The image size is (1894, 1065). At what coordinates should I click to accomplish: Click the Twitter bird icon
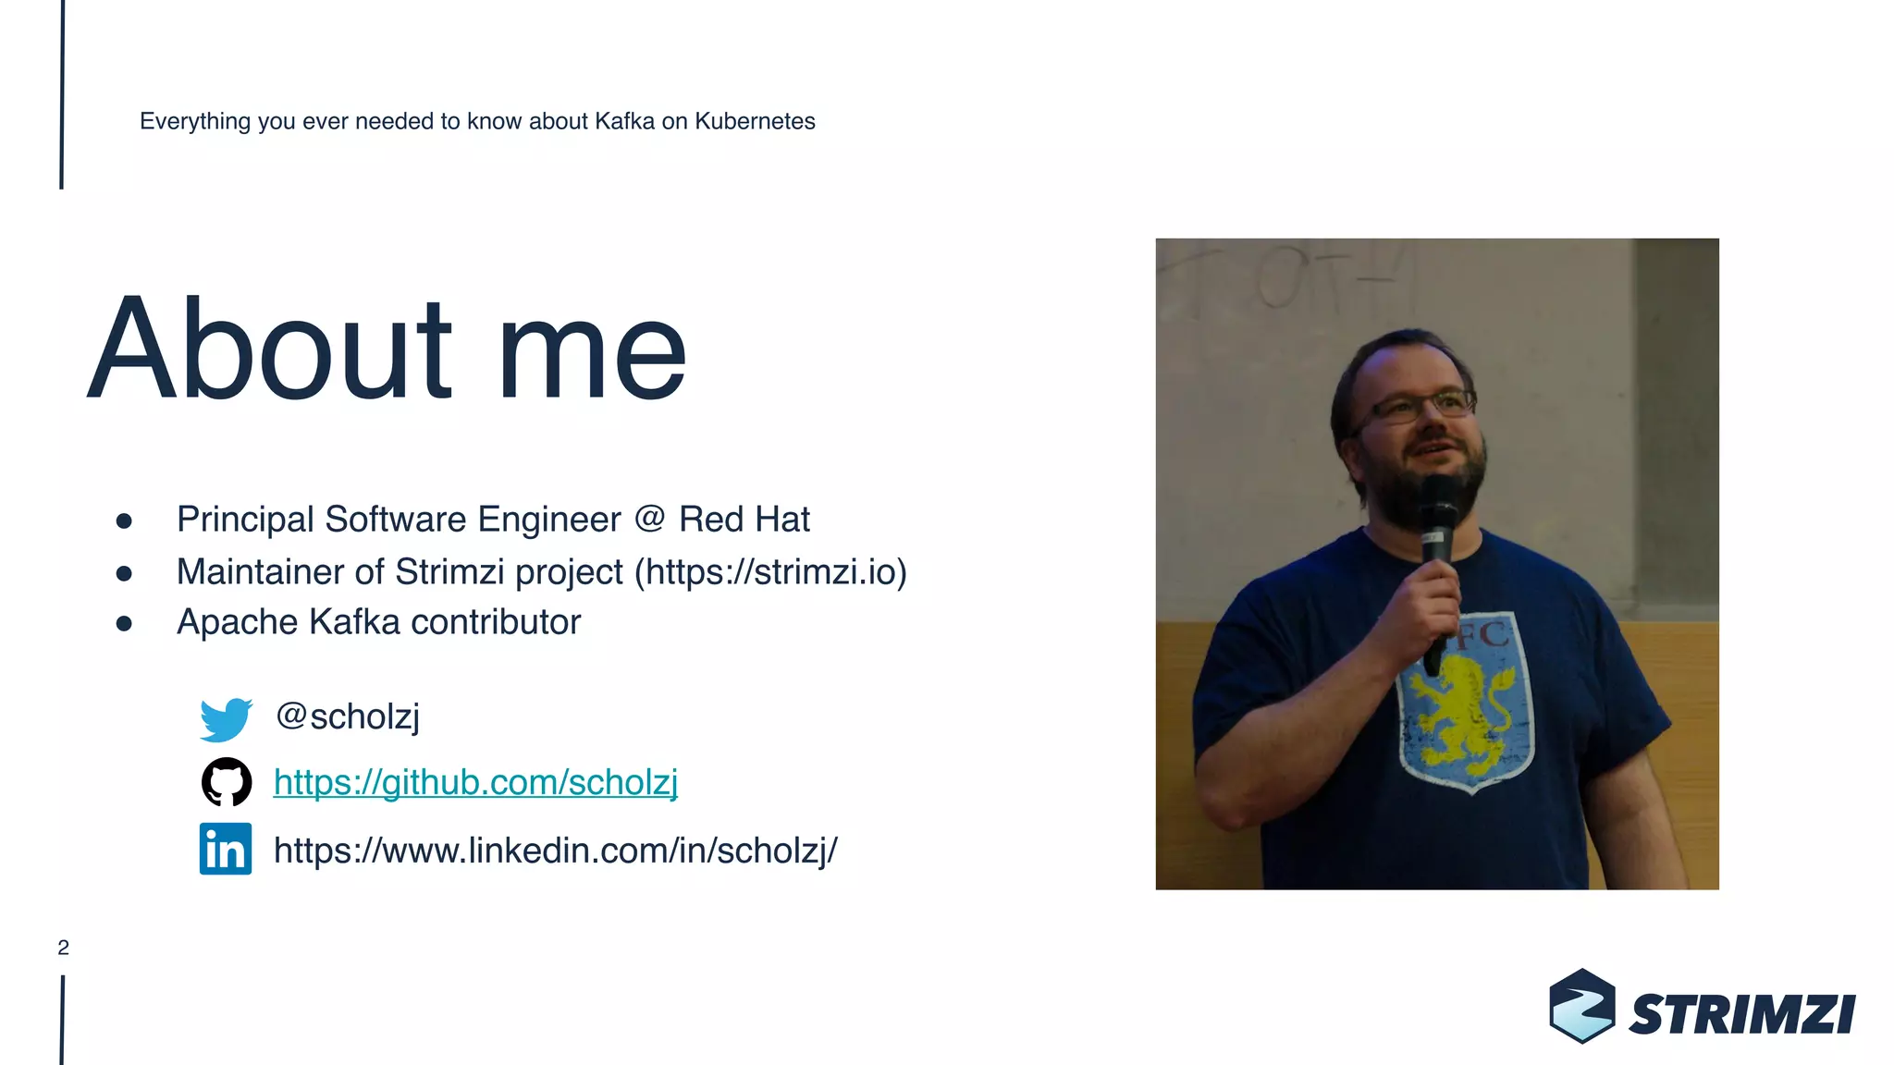click(x=226, y=719)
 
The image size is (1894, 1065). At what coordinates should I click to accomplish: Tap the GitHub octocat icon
click(x=227, y=782)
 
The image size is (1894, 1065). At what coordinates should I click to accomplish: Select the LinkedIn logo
click(x=226, y=849)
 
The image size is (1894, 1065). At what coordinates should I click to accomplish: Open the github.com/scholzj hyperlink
click(x=475, y=783)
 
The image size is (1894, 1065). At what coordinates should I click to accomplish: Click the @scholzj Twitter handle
click(x=348, y=716)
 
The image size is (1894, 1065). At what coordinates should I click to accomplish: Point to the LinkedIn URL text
click(x=555, y=851)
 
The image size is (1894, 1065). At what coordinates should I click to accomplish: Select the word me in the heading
click(x=592, y=356)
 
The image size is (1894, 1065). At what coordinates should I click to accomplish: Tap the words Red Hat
click(x=744, y=520)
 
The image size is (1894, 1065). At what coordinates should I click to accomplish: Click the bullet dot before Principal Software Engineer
click(x=124, y=521)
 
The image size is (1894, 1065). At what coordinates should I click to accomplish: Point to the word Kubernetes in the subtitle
click(x=755, y=121)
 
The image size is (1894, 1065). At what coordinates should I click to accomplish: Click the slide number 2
click(x=63, y=948)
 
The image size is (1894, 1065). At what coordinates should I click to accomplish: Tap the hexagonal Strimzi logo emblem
click(x=1581, y=1006)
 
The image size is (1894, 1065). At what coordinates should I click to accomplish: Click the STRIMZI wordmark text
click(x=1742, y=1015)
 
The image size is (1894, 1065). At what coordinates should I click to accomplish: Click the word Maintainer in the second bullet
click(x=260, y=572)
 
